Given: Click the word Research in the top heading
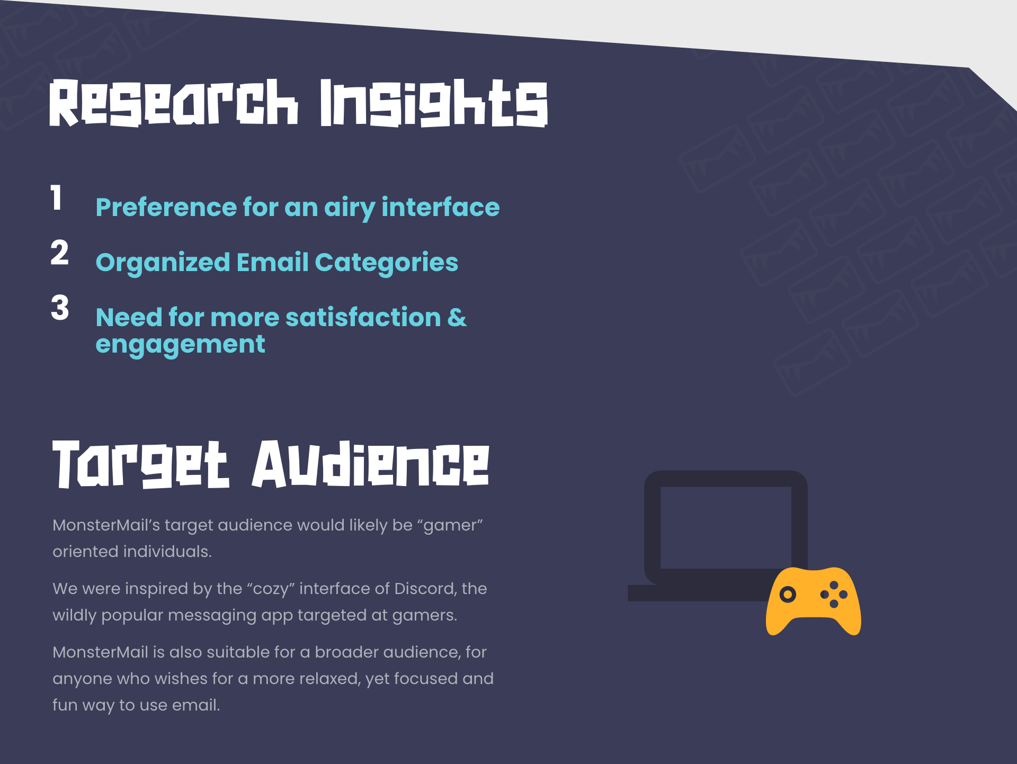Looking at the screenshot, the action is click(174, 103).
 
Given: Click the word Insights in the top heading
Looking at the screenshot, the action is click(434, 103).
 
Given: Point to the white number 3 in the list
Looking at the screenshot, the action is click(60, 308).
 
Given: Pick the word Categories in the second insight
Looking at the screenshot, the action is click(387, 263).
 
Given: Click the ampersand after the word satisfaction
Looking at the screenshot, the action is click(457, 317).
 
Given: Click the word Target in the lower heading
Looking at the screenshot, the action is click(141, 464).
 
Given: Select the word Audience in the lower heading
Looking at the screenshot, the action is click(370, 464).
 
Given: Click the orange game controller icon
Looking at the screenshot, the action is click(814, 601).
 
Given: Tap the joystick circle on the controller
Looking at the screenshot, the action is click(788, 594).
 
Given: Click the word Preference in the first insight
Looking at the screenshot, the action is click(166, 207).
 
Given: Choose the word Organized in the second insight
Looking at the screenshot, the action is click(163, 263).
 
